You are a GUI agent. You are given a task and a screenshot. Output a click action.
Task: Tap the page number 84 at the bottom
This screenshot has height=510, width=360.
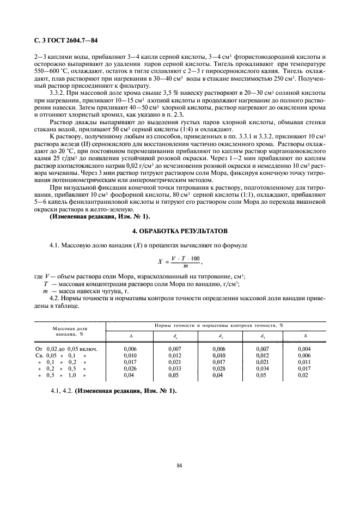coord(179,465)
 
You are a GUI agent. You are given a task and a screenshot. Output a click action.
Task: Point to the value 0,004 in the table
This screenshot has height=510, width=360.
coord(304,348)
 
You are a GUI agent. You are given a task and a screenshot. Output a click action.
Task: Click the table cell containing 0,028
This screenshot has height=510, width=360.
coord(218,368)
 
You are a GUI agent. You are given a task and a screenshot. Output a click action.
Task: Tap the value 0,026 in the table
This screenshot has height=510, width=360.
coord(130,368)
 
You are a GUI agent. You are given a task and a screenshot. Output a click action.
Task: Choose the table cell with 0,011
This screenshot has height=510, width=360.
coord(304,362)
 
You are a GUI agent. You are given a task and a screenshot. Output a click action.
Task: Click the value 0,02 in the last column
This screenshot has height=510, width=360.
coord(303,375)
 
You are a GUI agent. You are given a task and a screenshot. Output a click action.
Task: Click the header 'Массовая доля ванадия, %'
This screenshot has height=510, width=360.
coord(69,331)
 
